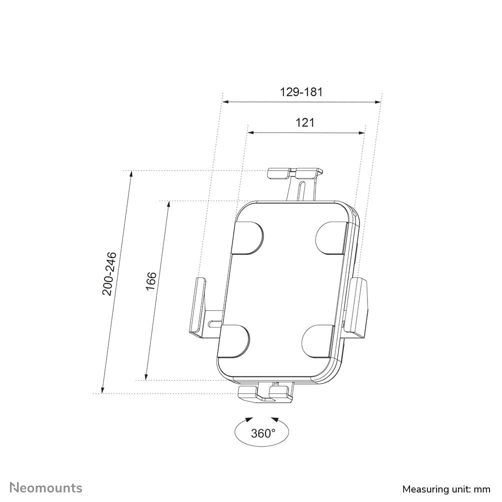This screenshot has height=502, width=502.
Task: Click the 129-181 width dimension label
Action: tap(301, 92)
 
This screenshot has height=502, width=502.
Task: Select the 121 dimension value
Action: tap(305, 122)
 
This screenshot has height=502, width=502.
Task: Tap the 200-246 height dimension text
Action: tap(109, 273)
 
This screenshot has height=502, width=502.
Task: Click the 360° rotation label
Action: tap(263, 433)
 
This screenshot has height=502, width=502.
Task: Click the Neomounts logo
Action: tap(46, 487)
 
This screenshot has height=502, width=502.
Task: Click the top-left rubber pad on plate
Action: tap(247, 237)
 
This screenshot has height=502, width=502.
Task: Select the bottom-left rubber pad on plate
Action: tap(233, 341)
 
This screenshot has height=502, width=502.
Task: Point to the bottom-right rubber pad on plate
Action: tap(318, 341)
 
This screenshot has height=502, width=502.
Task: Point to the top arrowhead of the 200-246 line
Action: tap(131, 175)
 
